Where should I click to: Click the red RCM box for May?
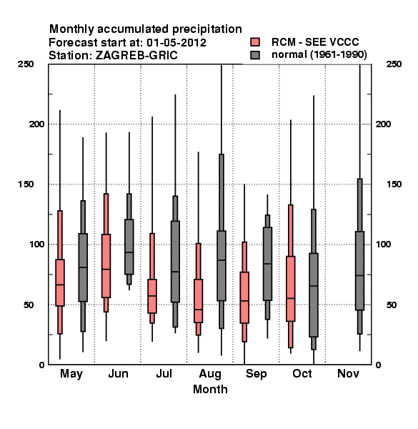pyautogui.click(x=60, y=282)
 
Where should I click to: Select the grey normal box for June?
pyautogui.click(x=129, y=247)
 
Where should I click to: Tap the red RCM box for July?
pyautogui.click(x=152, y=296)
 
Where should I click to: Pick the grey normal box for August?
pyautogui.click(x=222, y=266)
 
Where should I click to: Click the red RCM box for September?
pyautogui.click(x=244, y=297)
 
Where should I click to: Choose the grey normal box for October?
pyautogui.click(x=314, y=295)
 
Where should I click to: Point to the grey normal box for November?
pyautogui.click(x=360, y=270)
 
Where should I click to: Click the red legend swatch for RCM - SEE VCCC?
pyautogui.click(x=255, y=42)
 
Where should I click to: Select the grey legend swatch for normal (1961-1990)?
pyautogui.click(x=255, y=55)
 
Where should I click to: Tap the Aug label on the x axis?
pyautogui.click(x=210, y=374)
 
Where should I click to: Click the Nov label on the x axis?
pyautogui.click(x=348, y=373)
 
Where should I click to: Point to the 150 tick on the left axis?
pyautogui.click(x=26, y=184)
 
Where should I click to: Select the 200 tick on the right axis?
pyautogui.click(x=383, y=124)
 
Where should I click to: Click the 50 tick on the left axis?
pyautogui.click(x=29, y=305)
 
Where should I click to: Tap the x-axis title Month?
pyautogui.click(x=210, y=389)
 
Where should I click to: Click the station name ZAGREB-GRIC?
pyautogui.click(x=136, y=55)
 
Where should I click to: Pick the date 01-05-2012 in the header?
pyautogui.click(x=176, y=43)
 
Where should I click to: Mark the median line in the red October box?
pyautogui.click(x=291, y=298)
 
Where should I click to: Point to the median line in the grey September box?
pyautogui.click(x=267, y=263)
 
